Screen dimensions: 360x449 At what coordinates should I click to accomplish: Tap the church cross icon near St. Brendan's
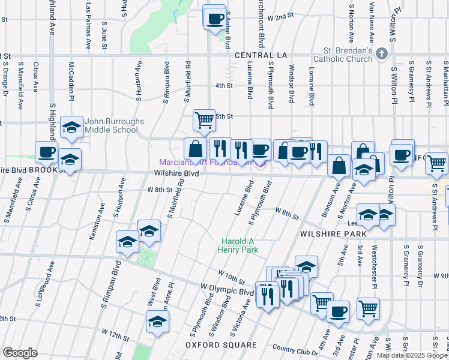[381, 55]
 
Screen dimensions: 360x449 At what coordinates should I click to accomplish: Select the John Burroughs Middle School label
[114, 125]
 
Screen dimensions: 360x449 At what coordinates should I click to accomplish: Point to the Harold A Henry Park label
[238, 245]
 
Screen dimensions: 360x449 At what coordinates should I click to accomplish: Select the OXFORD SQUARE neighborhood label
[220, 345]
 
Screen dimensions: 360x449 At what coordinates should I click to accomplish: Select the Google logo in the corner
[20, 352]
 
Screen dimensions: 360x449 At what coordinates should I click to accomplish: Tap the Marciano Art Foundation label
[204, 162]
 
